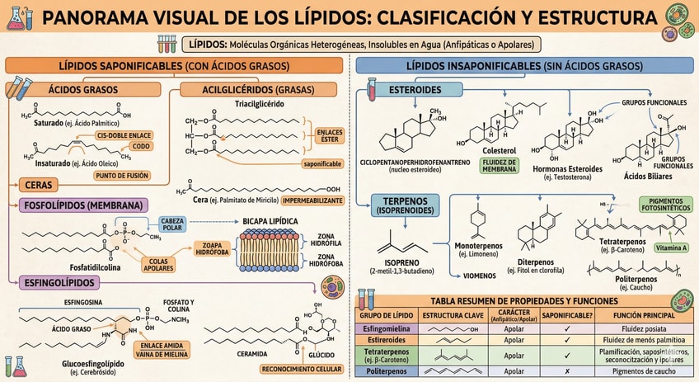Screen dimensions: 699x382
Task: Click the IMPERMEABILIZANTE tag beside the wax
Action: point(314,200)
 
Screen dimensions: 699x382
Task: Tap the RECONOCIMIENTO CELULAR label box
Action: point(304,369)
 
